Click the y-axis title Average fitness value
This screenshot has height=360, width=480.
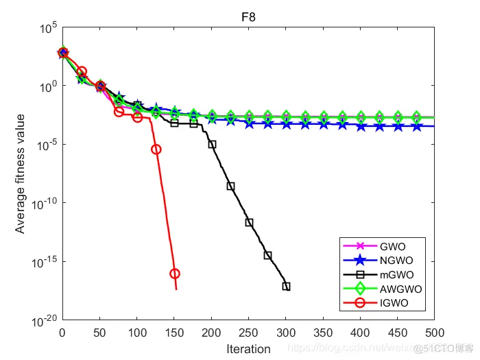click(21, 173)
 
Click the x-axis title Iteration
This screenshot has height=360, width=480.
click(248, 349)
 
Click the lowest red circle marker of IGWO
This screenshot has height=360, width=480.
click(175, 274)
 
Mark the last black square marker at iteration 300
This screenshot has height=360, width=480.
click(286, 286)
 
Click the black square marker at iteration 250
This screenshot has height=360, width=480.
click(249, 222)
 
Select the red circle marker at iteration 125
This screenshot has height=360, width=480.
click(156, 149)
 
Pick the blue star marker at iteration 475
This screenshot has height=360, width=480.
click(416, 125)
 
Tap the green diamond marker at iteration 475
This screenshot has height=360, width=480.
click(416, 117)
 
